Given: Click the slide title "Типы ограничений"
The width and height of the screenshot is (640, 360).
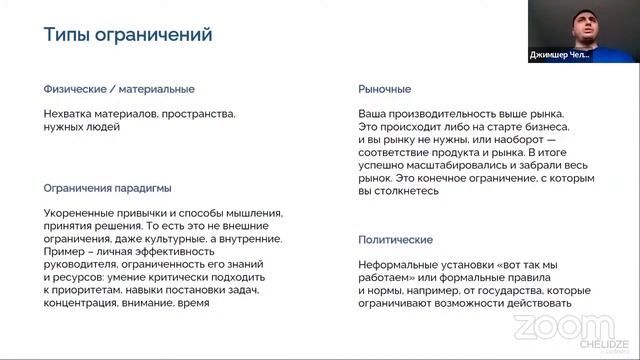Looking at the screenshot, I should point(128,36).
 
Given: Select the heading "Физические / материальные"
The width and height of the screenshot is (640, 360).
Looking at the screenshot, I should point(119,89).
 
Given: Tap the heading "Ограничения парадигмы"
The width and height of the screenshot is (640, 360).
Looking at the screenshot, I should point(107,187).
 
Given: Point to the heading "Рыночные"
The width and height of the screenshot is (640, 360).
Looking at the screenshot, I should point(384,89).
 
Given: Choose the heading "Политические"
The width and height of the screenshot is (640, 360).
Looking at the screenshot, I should point(395,240).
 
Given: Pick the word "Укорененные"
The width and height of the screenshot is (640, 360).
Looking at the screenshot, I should point(80,213).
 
